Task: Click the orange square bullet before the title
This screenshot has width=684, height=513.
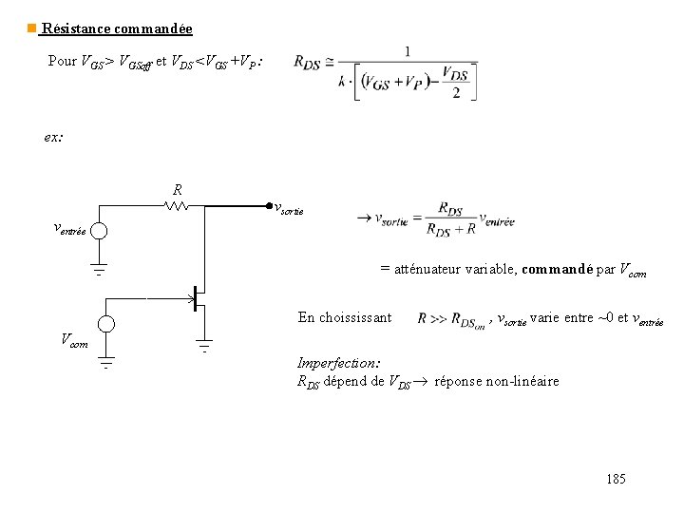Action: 31,29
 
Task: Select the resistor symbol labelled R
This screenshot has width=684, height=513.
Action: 177,204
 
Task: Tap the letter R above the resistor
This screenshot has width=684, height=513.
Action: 178,188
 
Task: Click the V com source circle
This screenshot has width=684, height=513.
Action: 106,324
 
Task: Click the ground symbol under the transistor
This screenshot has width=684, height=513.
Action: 205,346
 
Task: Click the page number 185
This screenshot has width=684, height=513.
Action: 616,479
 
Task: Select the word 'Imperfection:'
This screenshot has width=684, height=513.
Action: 338,363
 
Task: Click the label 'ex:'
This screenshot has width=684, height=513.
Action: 54,137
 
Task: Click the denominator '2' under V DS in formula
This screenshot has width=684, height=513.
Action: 458,92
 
